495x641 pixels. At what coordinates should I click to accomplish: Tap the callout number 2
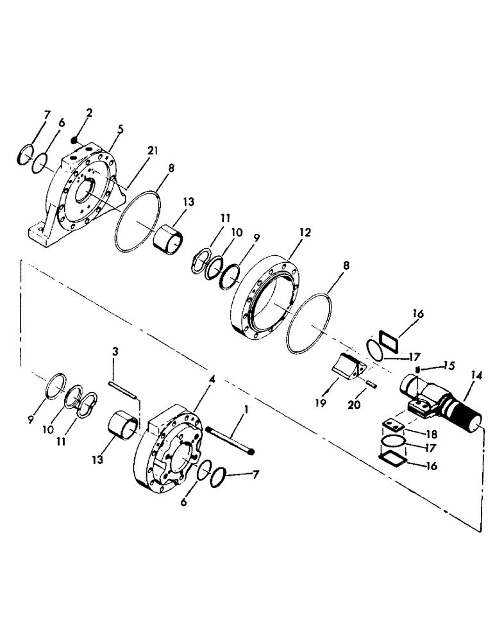pos(89,113)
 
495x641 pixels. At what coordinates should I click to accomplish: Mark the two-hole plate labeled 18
pos(392,426)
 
